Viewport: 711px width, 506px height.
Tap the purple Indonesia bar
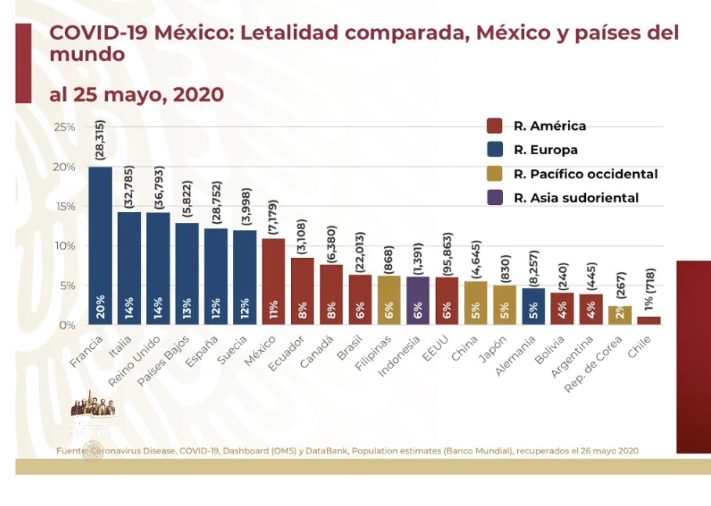click(418, 300)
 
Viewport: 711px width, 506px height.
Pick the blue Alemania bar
click(533, 306)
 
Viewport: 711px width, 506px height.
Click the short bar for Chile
click(648, 320)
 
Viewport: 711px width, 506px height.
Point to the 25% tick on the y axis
click(64, 127)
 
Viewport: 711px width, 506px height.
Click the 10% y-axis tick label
click(64, 246)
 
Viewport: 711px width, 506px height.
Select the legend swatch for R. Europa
click(494, 150)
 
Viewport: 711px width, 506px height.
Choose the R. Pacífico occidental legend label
click(585, 174)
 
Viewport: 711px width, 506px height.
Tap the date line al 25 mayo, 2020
click(136, 95)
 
